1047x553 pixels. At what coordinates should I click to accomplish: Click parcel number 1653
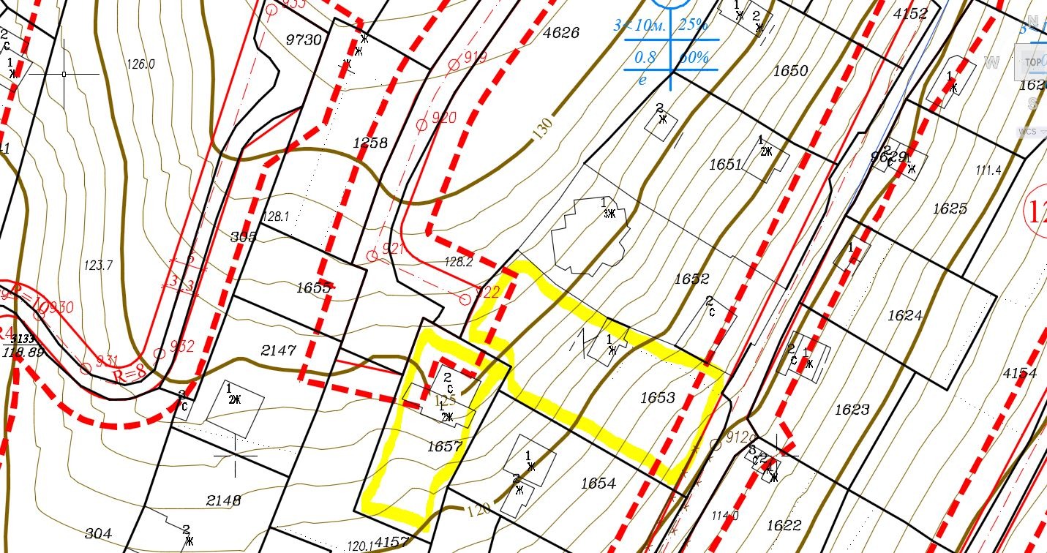point(657,398)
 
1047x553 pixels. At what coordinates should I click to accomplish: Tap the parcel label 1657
point(444,447)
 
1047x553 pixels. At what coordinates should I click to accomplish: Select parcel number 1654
point(598,484)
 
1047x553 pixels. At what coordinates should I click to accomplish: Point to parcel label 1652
point(691,279)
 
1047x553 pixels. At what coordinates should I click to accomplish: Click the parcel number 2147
point(279,351)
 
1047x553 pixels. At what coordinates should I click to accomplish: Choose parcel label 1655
point(315,287)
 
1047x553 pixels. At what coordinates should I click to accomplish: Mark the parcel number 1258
point(369,143)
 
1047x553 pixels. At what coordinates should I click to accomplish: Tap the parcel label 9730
point(304,39)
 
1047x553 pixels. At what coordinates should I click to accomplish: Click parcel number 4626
point(561,33)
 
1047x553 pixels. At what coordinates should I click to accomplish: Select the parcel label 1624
point(905,315)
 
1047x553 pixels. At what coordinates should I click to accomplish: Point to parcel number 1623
point(852,410)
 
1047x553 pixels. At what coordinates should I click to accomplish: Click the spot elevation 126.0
point(140,64)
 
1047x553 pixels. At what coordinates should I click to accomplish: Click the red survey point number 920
point(443,118)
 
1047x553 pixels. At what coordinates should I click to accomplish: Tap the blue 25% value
point(693,26)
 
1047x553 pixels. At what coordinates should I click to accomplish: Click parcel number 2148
point(223,501)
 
